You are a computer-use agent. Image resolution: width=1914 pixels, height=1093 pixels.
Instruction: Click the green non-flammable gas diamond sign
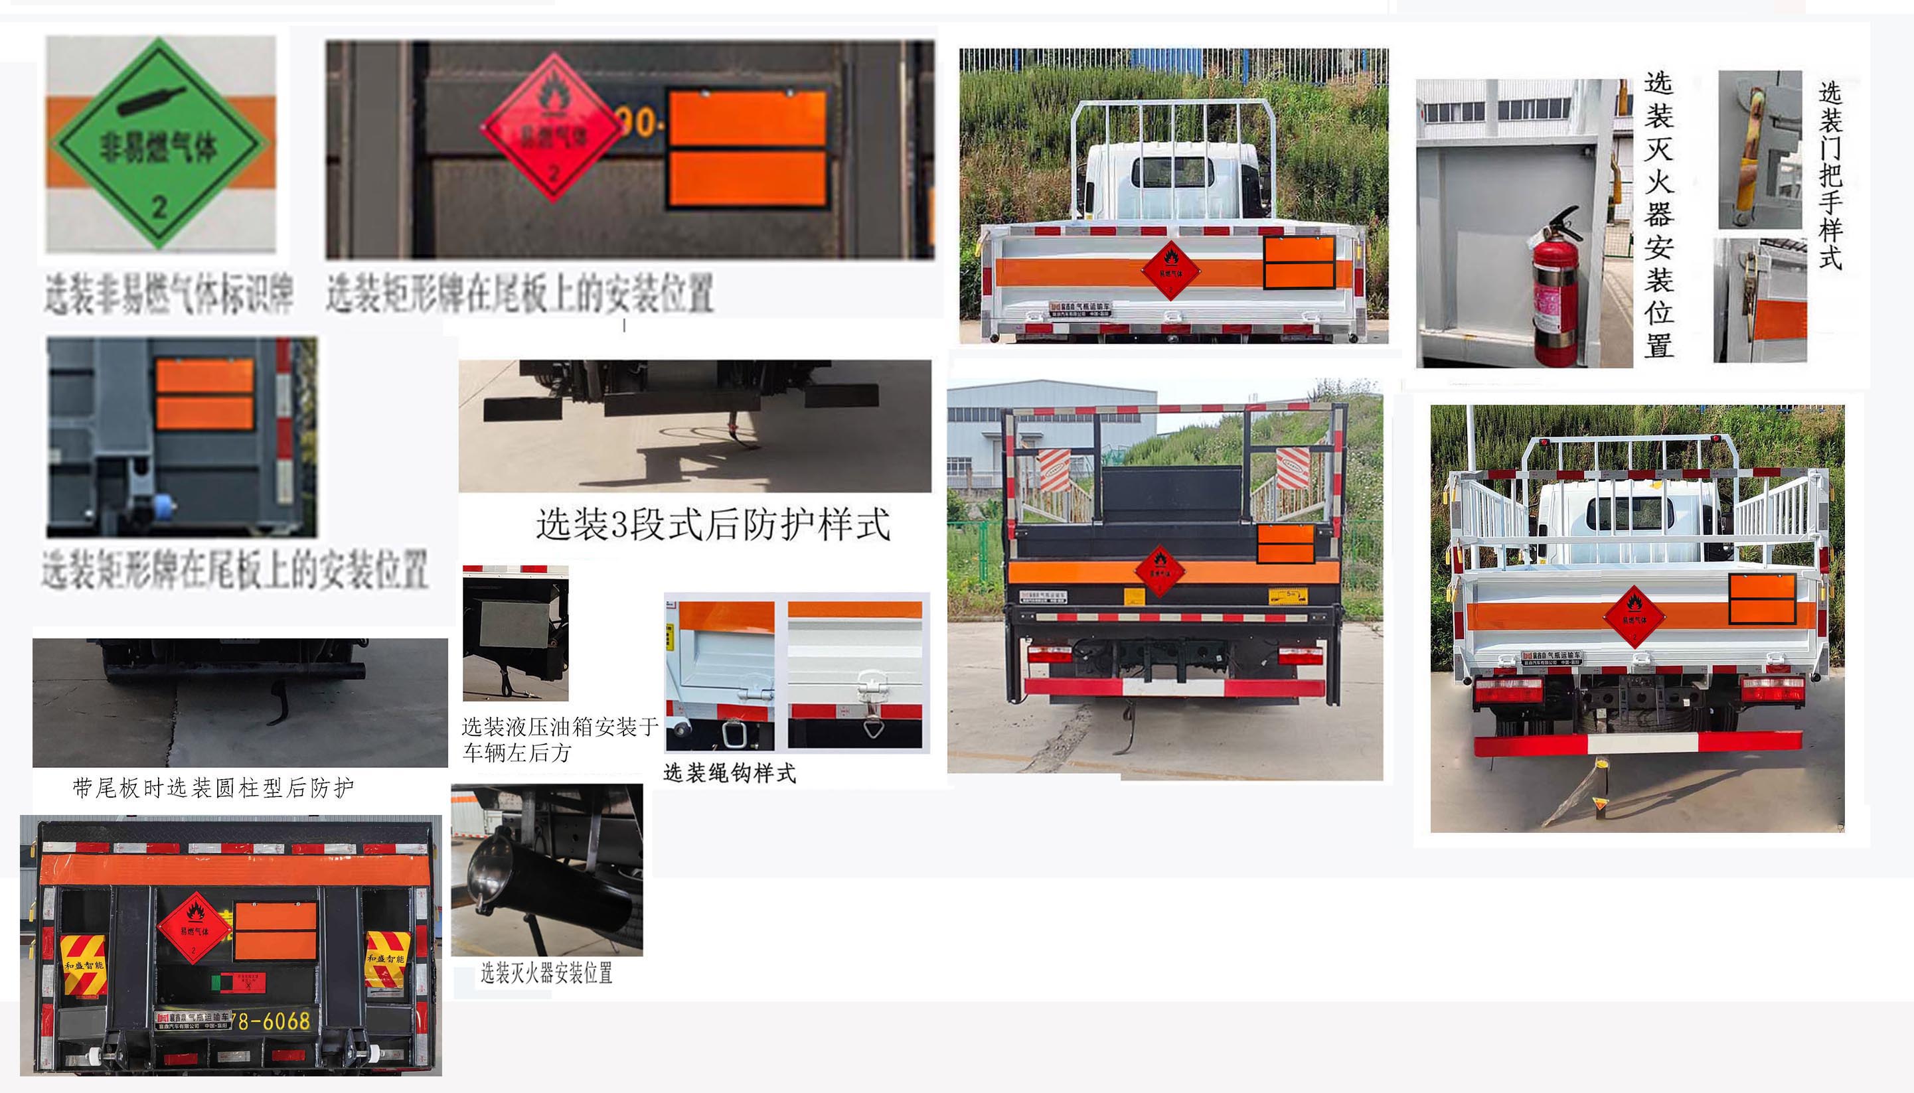pyautogui.click(x=160, y=143)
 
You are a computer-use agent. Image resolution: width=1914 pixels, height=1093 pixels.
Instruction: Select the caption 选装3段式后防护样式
pyautogui.click(x=712, y=524)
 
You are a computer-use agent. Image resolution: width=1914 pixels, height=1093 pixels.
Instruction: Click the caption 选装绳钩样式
pyautogui.click(x=729, y=773)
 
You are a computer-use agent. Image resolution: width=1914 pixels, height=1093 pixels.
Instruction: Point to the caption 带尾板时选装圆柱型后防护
pyautogui.click(x=213, y=788)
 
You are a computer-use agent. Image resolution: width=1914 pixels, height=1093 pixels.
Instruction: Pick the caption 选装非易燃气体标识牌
pyautogui.click(x=168, y=293)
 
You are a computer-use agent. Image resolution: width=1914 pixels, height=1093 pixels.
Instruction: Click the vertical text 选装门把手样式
pyautogui.click(x=1830, y=176)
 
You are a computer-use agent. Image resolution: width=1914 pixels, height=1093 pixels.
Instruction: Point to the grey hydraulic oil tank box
pyautogui.click(x=515, y=623)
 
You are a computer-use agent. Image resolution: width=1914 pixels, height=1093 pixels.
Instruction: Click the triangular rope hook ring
pyautogui.click(x=872, y=727)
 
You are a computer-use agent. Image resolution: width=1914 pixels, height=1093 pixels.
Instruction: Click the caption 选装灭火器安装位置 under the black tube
pyautogui.click(x=546, y=974)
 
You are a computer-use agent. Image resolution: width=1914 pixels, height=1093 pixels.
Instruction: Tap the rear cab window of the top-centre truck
pyautogui.click(x=1172, y=172)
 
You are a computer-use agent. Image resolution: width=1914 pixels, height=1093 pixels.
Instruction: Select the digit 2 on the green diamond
pyautogui.click(x=159, y=206)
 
